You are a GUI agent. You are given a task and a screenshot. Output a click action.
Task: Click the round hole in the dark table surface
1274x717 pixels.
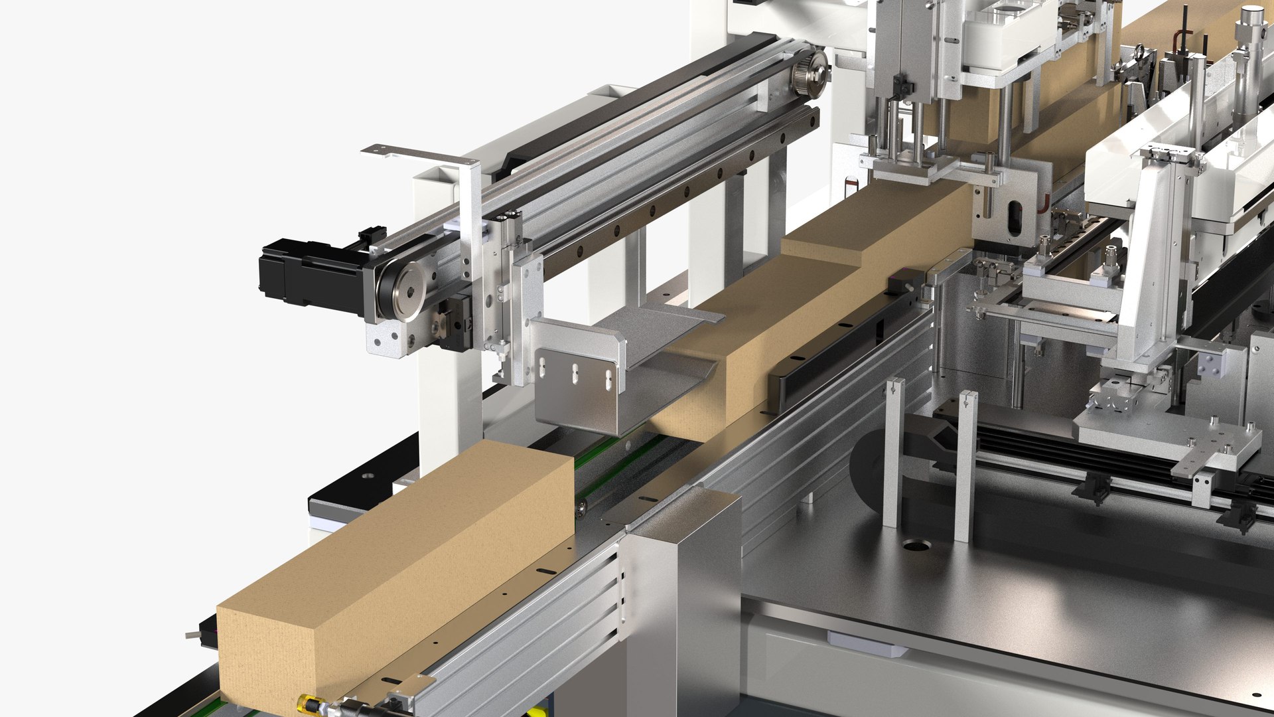(x=916, y=546)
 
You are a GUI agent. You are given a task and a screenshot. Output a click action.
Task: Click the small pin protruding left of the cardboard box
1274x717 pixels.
(x=193, y=635)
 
